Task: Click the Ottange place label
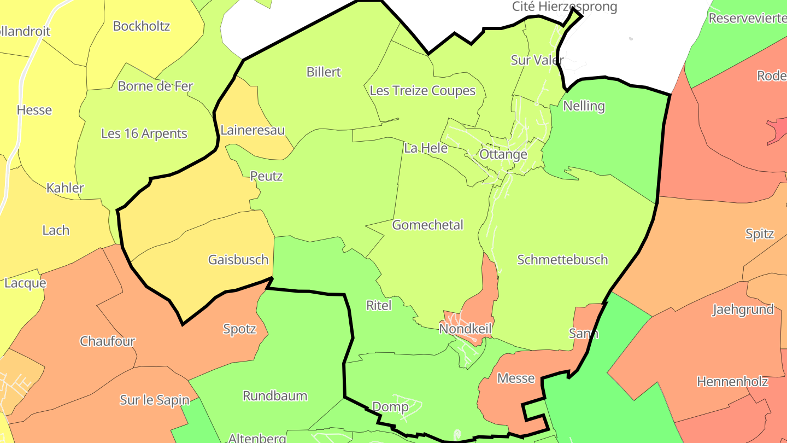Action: (x=503, y=154)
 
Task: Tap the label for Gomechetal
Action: (x=427, y=225)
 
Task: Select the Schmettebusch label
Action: (x=562, y=259)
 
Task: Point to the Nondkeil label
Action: (x=466, y=329)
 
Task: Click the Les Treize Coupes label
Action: (x=422, y=90)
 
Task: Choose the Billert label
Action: (x=324, y=72)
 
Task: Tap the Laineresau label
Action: (x=252, y=130)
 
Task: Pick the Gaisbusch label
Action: (x=238, y=259)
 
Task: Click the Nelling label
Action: (x=584, y=106)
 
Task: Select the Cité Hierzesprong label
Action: (x=565, y=7)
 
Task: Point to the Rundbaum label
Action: (x=275, y=395)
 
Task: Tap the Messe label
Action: (x=516, y=378)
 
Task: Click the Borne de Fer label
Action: (x=155, y=86)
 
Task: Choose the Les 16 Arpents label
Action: (x=144, y=133)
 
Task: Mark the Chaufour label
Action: (x=107, y=341)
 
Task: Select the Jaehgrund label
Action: (x=743, y=310)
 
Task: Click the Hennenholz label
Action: (x=732, y=381)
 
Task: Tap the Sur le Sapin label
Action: (x=154, y=400)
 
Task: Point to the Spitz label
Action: (x=760, y=234)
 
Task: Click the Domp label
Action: (x=390, y=406)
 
